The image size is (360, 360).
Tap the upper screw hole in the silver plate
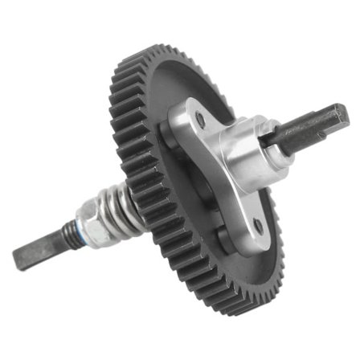(x=199, y=121)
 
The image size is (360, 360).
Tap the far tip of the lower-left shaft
(x=18, y=260)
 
